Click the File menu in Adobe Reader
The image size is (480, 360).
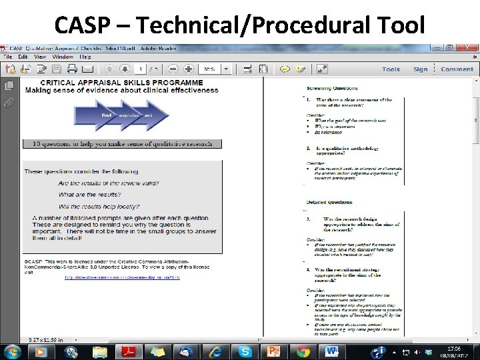point(9,57)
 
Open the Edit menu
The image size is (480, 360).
point(23,57)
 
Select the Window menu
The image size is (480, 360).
point(62,57)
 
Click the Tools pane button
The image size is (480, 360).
point(391,69)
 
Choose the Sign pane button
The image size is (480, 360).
point(420,69)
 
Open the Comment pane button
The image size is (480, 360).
point(457,69)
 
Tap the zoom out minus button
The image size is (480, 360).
point(173,69)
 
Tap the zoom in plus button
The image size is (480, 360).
point(189,69)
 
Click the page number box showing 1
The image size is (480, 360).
point(141,69)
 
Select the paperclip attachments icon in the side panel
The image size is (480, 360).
point(9,102)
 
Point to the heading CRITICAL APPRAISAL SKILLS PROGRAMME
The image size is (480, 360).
point(114,83)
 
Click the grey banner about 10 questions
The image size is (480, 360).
point(122,143)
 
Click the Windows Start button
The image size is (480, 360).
point(12,351)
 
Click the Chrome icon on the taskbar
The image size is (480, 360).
point(303,351)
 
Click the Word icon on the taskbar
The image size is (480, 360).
point(332,351)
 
